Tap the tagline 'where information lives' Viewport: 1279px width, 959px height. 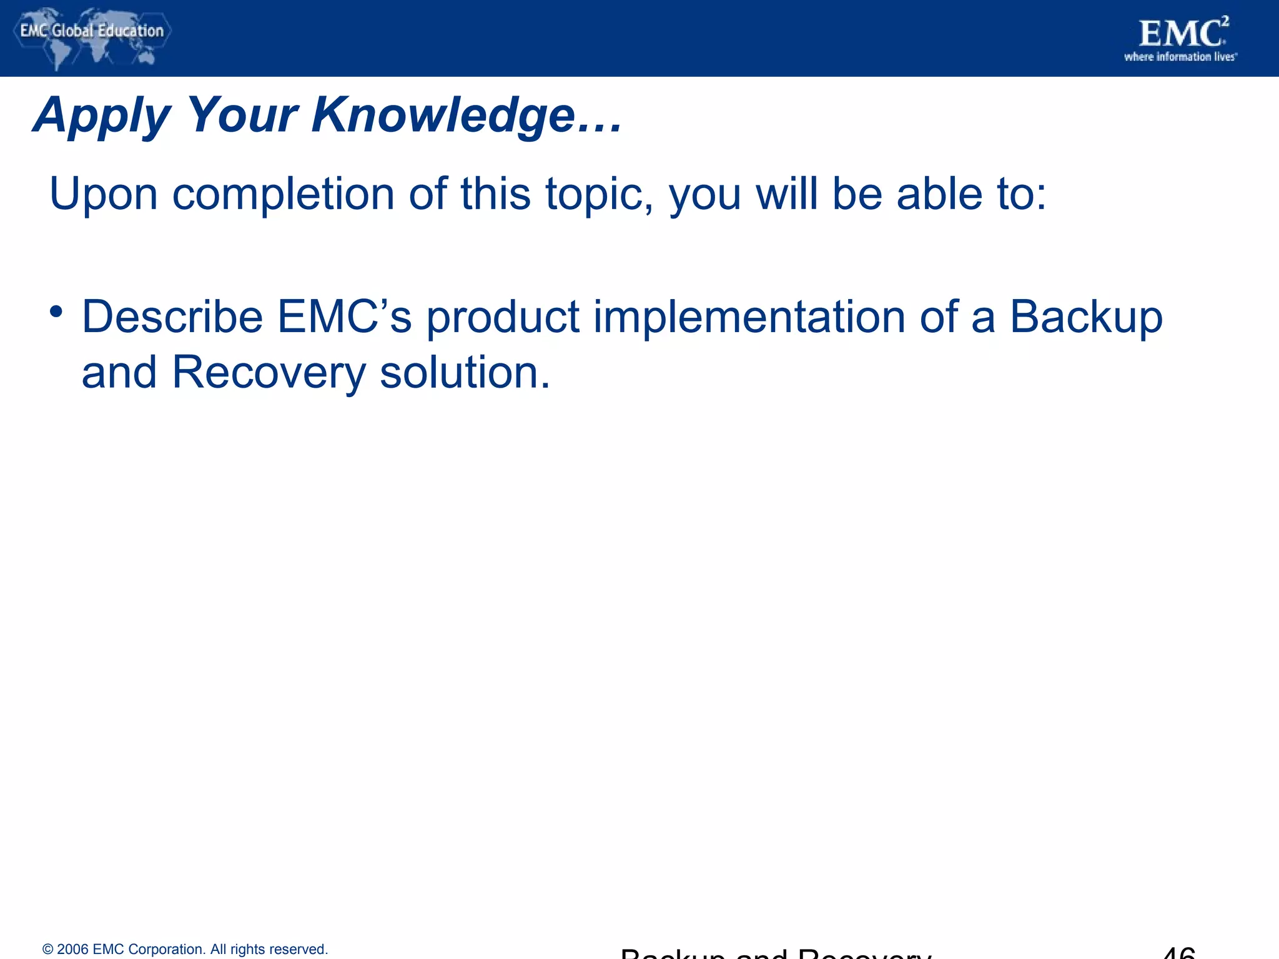pos(1180,57)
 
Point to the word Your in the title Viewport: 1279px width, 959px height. pos(242,116)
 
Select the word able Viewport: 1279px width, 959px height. pos(939,194)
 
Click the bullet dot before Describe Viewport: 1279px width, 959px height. pos(56,311)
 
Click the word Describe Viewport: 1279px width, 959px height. pos(172,317)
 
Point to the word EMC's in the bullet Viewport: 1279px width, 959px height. pos(344,317)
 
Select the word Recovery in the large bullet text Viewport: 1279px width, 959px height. pos(269,373)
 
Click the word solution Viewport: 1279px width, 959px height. pos(465,373)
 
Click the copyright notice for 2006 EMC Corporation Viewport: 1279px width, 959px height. pos(185,949)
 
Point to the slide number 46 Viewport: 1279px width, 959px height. pos(1178,952)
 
